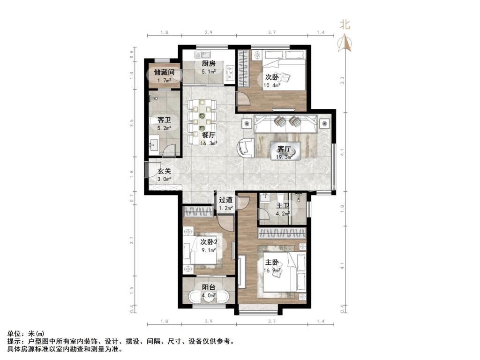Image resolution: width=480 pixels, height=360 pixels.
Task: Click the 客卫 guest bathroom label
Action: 164,120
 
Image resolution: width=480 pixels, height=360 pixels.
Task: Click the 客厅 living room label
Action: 284,149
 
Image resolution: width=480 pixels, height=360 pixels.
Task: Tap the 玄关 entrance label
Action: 164,171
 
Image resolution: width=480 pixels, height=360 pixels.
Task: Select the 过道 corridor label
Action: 226,200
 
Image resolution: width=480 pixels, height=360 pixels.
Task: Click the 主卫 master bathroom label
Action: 282,206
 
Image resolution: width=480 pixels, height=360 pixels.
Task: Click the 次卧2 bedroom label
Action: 209,242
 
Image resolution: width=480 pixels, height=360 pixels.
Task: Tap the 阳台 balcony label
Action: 209,287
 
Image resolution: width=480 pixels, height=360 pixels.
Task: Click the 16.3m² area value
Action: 209,143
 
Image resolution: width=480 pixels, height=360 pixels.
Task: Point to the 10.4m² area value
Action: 272,85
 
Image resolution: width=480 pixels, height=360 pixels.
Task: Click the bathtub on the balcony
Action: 209,298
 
